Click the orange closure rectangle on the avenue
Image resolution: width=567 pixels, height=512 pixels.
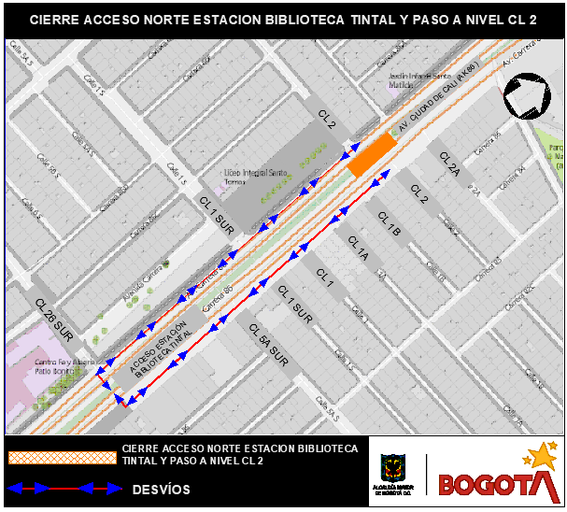click(371, 153)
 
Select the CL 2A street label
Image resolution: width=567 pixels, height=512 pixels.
click(450, 164)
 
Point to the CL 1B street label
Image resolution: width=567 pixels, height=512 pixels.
click(389, 223)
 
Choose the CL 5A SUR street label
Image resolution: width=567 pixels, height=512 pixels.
click(268, 343)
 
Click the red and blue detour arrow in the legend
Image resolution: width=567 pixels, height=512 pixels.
click(65, 488)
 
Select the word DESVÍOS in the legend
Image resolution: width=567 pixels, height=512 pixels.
click(161, 489)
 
